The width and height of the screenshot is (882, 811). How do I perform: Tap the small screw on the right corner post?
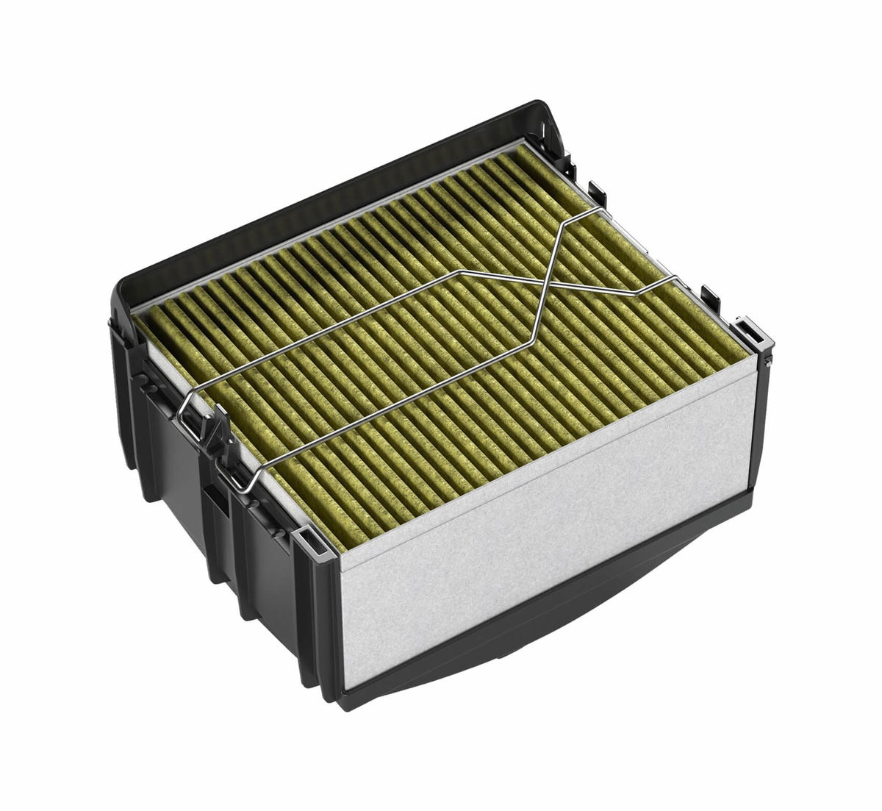766,362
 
